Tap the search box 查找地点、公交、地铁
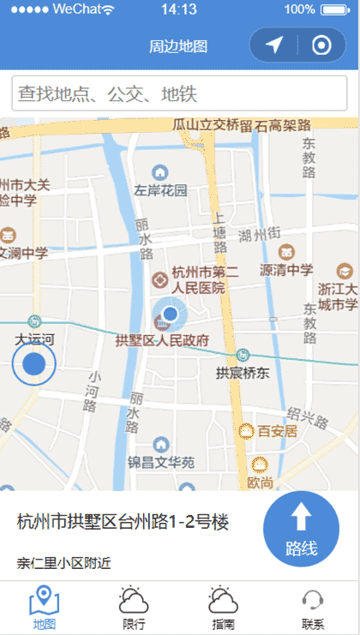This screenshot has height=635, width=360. (179, 93)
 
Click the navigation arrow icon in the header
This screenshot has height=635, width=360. (274, 45)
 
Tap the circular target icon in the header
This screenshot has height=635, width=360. (321, 45)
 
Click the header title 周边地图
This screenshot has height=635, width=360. (178, 46)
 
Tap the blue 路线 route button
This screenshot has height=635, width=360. (302, 531)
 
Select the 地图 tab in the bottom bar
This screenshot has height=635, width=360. (44, 608)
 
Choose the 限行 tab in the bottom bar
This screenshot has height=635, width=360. (134, 608)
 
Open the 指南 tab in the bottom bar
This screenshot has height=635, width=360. (223, 608)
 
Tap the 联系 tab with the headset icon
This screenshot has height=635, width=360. (313, 608)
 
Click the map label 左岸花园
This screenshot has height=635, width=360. (160, 189)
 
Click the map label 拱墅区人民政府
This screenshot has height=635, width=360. (163, 340)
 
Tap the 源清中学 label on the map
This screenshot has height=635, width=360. (286, 270)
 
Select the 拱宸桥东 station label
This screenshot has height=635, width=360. (243, 373)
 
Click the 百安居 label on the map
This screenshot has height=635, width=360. (277, 431)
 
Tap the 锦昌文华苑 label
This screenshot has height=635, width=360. (161, 463)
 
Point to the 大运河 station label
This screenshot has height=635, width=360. (34, 338)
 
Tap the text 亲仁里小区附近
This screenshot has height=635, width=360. (63, 563)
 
